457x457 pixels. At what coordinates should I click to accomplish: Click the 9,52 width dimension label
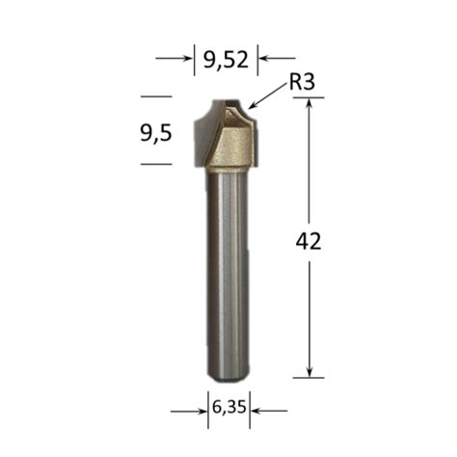click(227, 60)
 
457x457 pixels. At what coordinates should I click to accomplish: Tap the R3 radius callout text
click(303, 84)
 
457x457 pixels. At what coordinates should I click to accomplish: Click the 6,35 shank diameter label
click(228, 407)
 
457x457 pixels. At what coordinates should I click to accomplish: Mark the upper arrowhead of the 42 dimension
click(309, 104)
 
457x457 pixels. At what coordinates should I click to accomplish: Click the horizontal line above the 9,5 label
click(155, 96)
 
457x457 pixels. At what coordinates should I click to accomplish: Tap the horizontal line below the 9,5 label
click(155, 164)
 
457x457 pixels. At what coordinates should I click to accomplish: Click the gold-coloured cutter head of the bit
click(231, 145)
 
